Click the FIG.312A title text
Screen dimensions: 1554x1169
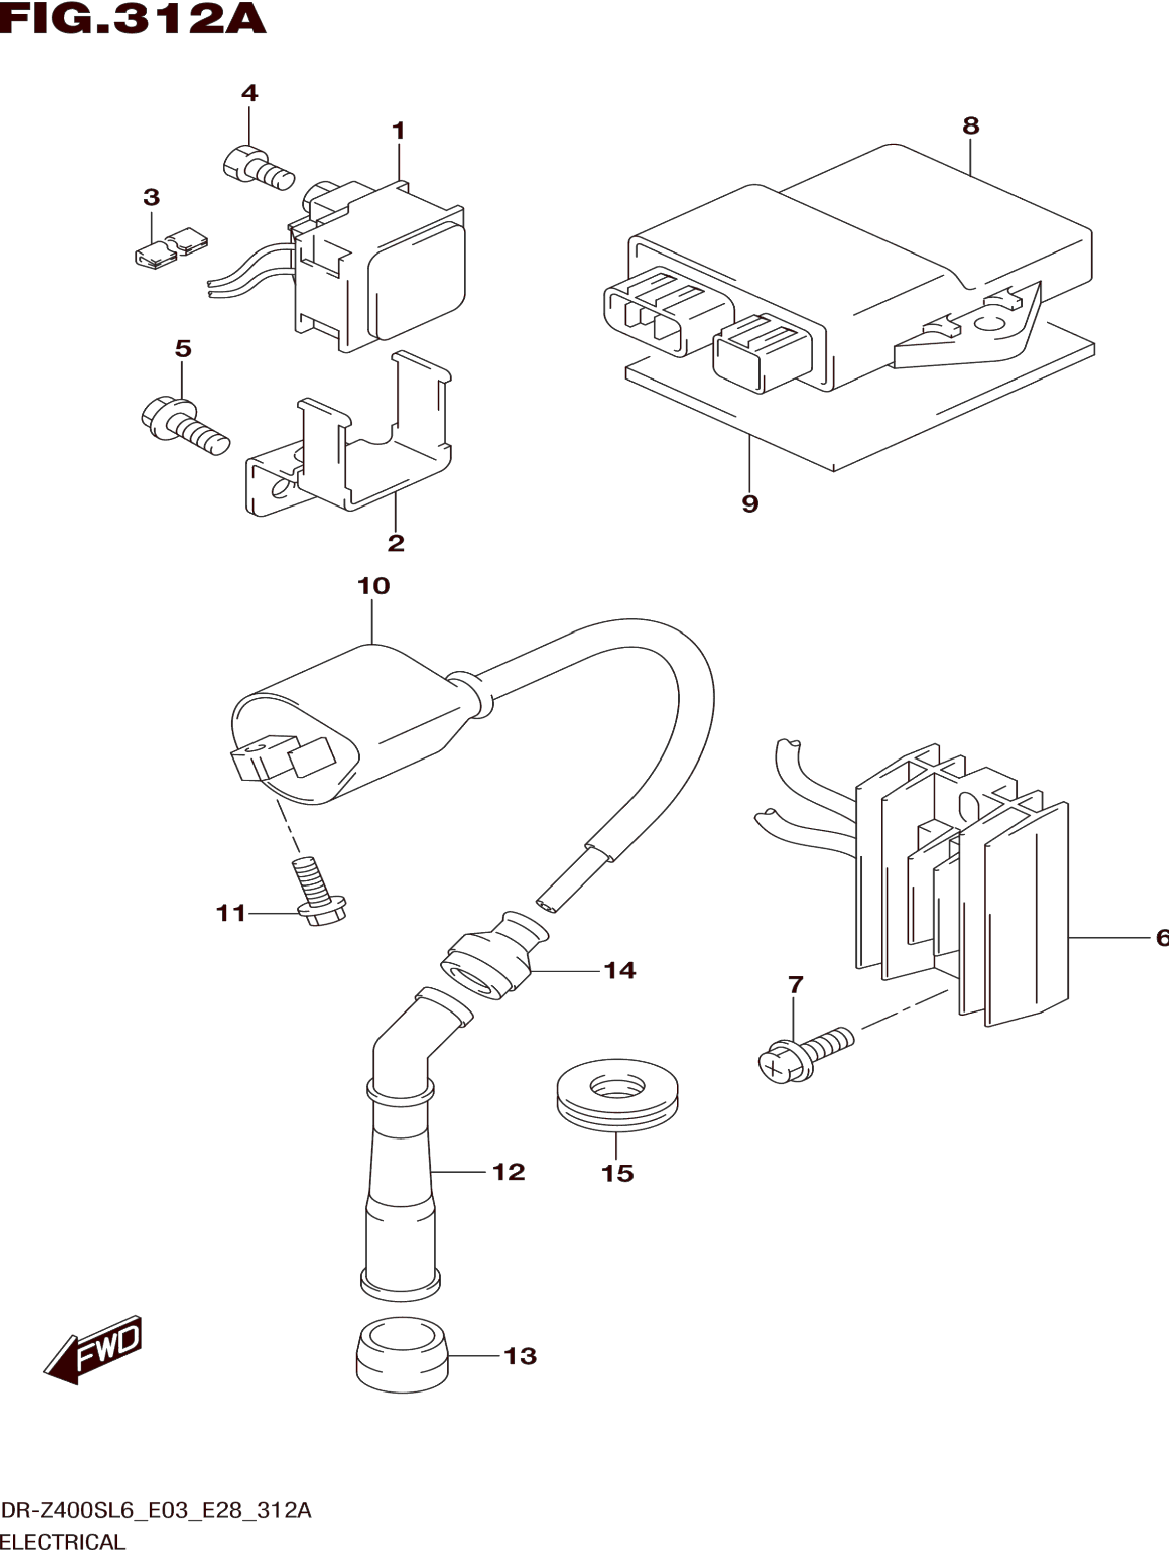click(133, 19)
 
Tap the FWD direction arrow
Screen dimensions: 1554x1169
click(93, 1349)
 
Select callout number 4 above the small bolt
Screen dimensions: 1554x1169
click(249, 93)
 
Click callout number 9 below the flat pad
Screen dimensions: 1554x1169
click(749, 504)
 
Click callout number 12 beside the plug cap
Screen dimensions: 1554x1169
click(508, 1172)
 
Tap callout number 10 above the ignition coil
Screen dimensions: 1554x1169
click(373, 585)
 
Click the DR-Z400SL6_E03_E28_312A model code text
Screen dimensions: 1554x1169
click(156, 1510)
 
